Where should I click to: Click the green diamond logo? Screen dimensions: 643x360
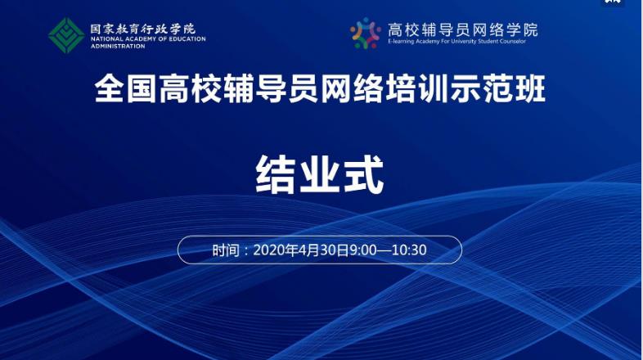(x=66, y=35)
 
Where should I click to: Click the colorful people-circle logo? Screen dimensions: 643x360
(x=365, y=34)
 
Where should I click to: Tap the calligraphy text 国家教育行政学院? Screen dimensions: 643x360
(x=143, y=29)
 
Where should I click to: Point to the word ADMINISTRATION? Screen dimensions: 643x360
(x=118, y=47)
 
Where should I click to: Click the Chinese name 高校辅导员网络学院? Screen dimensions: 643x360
(x=462, y=29)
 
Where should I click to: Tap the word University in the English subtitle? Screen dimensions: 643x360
(x=463, y=42)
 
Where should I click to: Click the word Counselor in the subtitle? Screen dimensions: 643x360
(x=513, y=42)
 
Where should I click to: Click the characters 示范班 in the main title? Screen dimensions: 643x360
(x=498, y=88)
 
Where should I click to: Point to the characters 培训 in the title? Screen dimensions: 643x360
(x=417, y=88)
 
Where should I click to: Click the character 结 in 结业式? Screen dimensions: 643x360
(x=276, y=174)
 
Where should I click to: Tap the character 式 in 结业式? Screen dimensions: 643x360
(x=364, y=174)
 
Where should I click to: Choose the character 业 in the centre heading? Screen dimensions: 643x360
(x=320, y=174)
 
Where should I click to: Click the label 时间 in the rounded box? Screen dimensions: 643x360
(x=226, y=250)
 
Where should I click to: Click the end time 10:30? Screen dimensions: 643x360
(x=409, y=250)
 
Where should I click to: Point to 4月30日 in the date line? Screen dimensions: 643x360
(x=324, y=250)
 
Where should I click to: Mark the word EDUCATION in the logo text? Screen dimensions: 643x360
(x=187, y=39)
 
